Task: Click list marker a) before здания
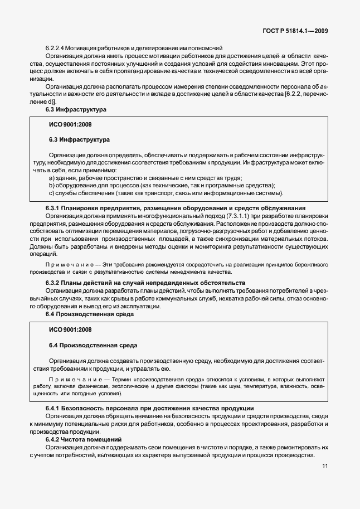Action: tap(52, 178)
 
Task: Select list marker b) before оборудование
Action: tap(52, 186)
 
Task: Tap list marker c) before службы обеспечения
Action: tap(52, 193)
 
